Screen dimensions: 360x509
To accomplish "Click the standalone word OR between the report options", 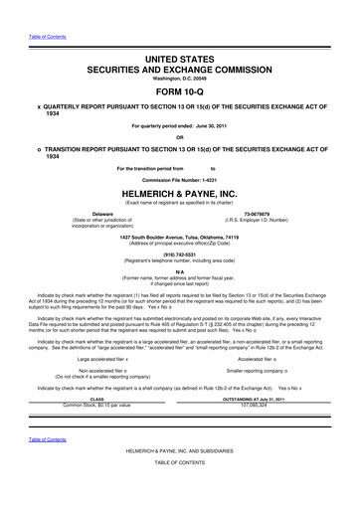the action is coord(179,137).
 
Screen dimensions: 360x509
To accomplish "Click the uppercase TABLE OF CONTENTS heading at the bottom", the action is coord(179,494).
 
